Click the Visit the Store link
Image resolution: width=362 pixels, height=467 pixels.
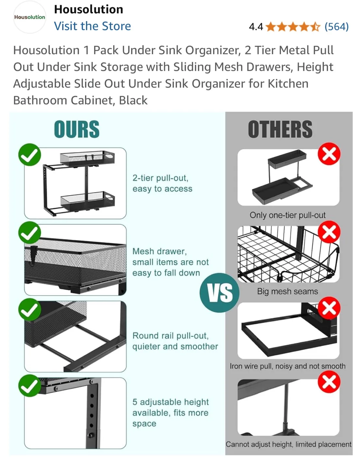click(x=92, y=26)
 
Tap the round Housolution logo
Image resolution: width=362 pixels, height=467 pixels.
click(x=30, y=17)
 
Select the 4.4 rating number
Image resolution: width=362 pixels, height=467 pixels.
click(x=256, y=27)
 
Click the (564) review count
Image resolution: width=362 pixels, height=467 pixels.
click(x=336, y=27)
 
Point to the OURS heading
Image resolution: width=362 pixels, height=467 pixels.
click(x=77, y=129)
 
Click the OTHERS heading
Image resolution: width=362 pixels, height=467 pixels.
click(x=280, y=129)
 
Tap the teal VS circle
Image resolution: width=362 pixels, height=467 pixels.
click(x=220, y=293)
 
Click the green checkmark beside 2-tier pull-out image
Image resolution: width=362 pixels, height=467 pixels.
click(x=30, y=155)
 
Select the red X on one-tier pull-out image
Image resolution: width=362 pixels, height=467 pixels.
click(x=329, y=154)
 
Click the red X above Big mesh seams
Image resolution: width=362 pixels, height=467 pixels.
click(x=329, y=232)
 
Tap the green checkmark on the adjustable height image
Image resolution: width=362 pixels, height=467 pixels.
click(x=30, y=386)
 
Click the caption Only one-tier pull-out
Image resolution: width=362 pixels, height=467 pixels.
click(x=287, y=215)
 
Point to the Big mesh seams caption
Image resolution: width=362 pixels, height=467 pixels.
click(x=287, y=291)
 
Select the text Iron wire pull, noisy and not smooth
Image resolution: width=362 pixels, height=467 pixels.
click(x=287, y=366)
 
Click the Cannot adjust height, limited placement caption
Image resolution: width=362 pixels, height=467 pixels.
click(x=288, y=444)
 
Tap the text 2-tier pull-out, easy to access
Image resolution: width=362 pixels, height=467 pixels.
click(x=162, y=183)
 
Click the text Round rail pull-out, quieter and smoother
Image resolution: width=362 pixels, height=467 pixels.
click(x=175, y=341)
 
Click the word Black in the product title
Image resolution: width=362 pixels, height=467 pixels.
click(x=133, y=101)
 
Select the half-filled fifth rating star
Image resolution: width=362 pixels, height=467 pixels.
click(x=315, y=27)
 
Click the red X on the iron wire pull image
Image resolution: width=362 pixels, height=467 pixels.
click(x=329, y=308)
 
